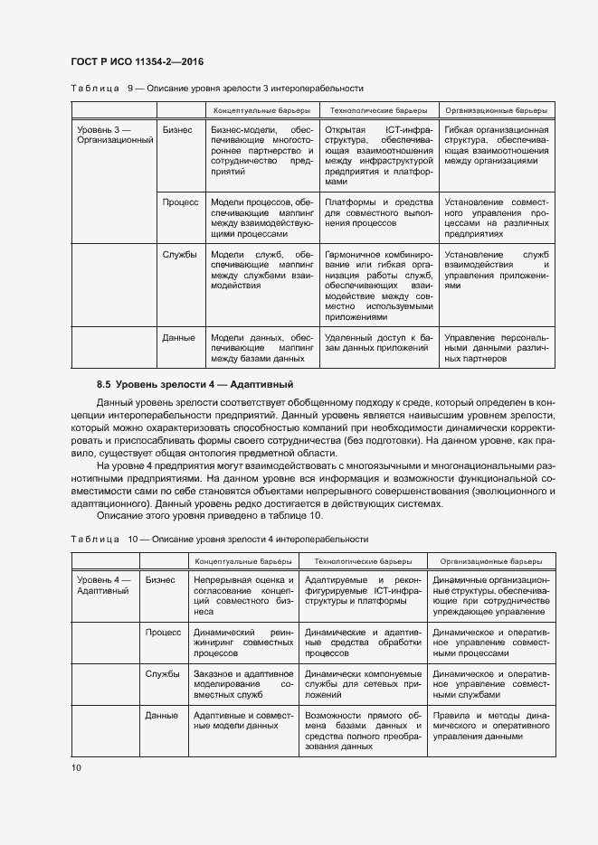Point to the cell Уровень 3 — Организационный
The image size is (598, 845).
coord(116,136)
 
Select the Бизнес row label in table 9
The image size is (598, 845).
coord(177,130)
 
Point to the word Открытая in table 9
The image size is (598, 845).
coord(345,130)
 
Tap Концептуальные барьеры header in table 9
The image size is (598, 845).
coord(262,109)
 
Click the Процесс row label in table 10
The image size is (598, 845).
coord(164,632)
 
